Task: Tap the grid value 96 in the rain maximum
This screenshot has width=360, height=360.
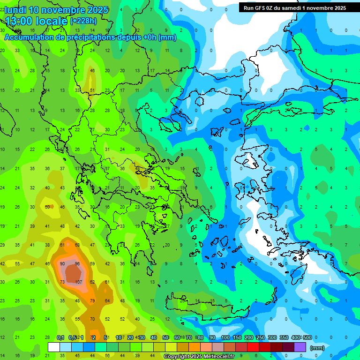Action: [x=78, y=264]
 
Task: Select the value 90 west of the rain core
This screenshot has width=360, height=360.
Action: [x=62, y=264]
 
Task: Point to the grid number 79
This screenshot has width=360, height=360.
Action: [x=92, y=300]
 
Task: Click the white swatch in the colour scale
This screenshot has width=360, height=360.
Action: [x=54, y=347]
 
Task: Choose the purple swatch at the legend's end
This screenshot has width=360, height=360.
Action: [x=300, y=347]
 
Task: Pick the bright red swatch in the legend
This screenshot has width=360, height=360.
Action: [x=253, y=347]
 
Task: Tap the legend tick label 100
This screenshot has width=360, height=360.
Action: [x=225, y=337]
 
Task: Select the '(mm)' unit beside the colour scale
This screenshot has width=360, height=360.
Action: [x=317, y=348]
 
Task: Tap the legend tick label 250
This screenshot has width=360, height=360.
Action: [x=260, y=337]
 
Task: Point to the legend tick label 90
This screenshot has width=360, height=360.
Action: [x=212, y=337]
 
